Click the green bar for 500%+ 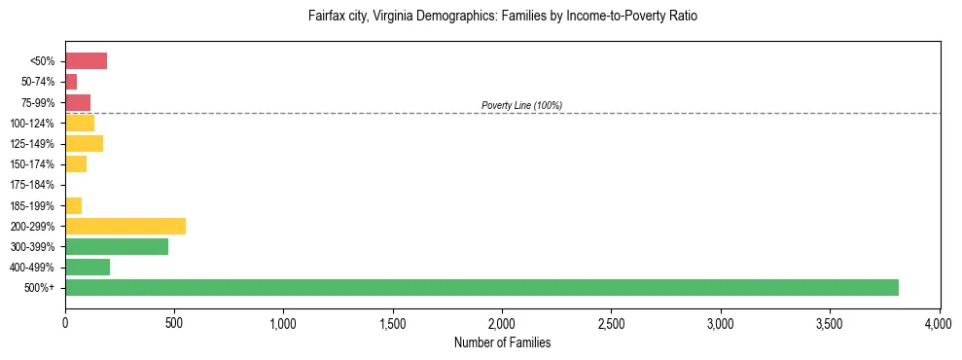481,287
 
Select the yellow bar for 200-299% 125,226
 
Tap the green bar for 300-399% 117,246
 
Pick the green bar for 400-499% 88,267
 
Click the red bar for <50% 86,61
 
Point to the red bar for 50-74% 71,82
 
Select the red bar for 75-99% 78,102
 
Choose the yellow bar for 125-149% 84,144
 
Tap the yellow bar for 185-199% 73,205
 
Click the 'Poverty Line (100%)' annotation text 521,105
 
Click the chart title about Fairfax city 503,17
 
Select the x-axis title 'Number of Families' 502,343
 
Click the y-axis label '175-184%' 32,185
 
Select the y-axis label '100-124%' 32,124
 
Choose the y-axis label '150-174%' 32,164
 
